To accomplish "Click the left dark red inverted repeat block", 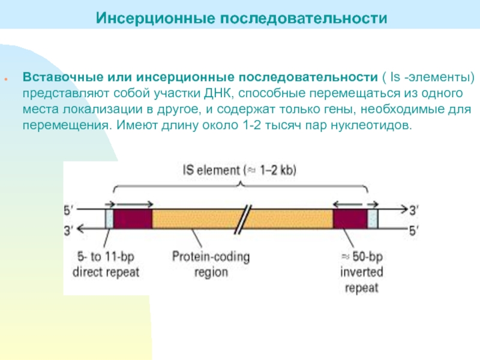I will coord(133,218).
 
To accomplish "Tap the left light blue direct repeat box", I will coord(109,218).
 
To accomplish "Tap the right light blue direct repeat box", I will coord(373,218).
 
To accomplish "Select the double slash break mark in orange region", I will coord(241,218).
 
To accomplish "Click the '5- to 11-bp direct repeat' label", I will coord(106,264).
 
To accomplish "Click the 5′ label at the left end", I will coord(71,211).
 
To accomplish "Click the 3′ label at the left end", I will coord(71,228).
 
